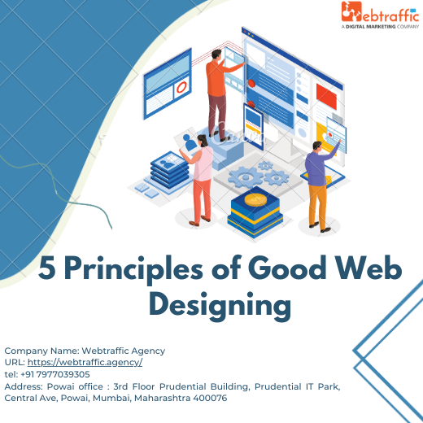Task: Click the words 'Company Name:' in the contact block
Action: pos(34,351)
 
